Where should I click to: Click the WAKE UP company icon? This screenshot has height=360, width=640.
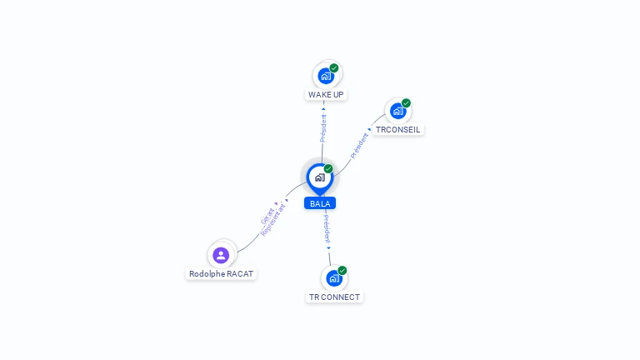click(x=326, y=75)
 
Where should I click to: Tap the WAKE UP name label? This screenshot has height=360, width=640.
click(x=326, y=94)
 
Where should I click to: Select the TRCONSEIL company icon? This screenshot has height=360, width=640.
click(x=397, y=111)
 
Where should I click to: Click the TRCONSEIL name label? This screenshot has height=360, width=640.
click(x=397, y=129)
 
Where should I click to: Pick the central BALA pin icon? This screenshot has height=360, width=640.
click(x=319, y=177)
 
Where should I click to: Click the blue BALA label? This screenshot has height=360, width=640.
click(x=319, y=203)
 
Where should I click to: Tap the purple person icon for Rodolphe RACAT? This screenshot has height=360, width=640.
click(x=221, y=255)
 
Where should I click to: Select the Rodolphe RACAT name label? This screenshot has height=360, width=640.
click(x=221, y=273)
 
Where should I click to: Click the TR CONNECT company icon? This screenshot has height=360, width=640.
click(x=334, y=277)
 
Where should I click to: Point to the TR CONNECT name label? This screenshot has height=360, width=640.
click(x=334, y=297)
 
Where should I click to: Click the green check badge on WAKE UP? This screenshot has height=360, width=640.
click(x=334, y=67)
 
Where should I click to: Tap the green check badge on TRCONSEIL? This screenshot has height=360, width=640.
click(x=406, y=103)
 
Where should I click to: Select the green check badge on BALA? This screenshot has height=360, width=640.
click(x=328, y=169)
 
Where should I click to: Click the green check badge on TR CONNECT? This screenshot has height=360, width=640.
click(x=342, y=270)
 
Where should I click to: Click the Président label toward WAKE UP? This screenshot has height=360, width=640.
click(x=323, y=125)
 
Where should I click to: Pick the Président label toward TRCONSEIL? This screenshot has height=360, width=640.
click(x=359, y=145)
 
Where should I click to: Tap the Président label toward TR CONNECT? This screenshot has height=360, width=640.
click(x=327, y=229)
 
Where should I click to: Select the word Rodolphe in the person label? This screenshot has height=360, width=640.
click(x=204, y=273)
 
